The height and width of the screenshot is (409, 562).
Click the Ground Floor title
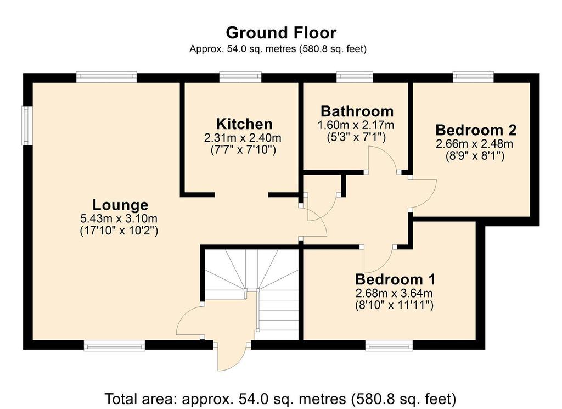point(281,33)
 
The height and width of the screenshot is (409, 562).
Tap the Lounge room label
point(120,205)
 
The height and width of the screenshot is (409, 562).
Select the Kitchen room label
point(244,124)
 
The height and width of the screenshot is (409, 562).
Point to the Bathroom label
point(357,111)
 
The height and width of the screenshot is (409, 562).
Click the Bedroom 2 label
point(476,130)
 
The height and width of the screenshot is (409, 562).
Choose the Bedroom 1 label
point(395,279)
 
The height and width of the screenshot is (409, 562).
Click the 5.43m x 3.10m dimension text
point(119,218)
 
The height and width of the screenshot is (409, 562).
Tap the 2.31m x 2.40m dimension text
point(243,138)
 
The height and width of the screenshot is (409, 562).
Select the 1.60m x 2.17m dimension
point(356,125)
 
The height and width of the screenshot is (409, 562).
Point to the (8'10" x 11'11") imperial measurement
point(394,305)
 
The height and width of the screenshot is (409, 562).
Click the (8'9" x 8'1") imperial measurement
point(475,156)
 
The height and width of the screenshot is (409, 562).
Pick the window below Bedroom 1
point(389,346)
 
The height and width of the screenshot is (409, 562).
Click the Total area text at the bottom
point(280,399)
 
